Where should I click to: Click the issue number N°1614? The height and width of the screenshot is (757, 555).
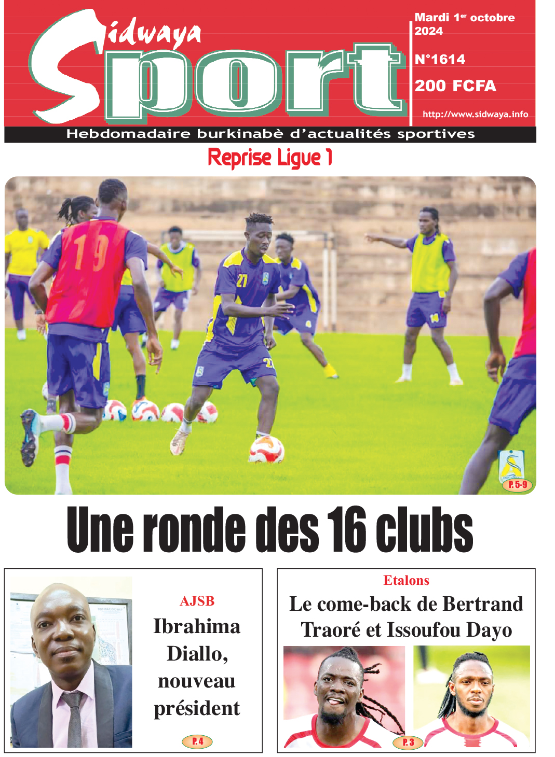tap(440, 60)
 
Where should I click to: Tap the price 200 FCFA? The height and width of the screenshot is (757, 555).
tap(455, 86)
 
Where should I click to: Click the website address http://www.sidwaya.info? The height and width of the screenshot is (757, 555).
tap(475, 114)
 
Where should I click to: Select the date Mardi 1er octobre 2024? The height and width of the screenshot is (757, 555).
tap(464, 24)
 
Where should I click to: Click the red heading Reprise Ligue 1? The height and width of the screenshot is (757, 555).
tap(270, 158)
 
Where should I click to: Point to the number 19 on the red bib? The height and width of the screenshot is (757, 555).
tap(91, 252)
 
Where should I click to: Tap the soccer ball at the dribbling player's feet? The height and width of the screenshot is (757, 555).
tap(266, 450)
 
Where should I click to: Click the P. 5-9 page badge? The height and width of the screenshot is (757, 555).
tap(518, 485)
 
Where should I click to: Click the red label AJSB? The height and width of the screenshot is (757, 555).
tap(197, 601)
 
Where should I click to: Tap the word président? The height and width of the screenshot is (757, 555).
tap(197, 708)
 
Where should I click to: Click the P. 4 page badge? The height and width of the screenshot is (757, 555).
tap(197, 741)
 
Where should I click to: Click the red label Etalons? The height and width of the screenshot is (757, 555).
tap(406, 580)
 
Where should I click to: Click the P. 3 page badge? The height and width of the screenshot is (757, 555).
tap(409, 742)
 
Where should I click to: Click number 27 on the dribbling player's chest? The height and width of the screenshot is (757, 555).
tap(242, 281)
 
